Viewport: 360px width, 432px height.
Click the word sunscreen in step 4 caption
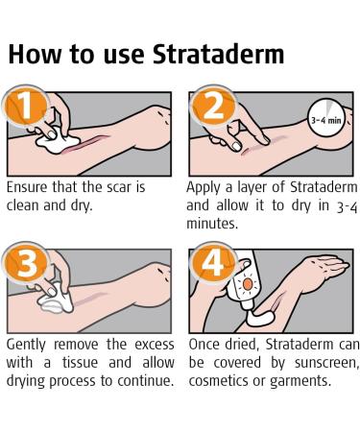tap(309, 363)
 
